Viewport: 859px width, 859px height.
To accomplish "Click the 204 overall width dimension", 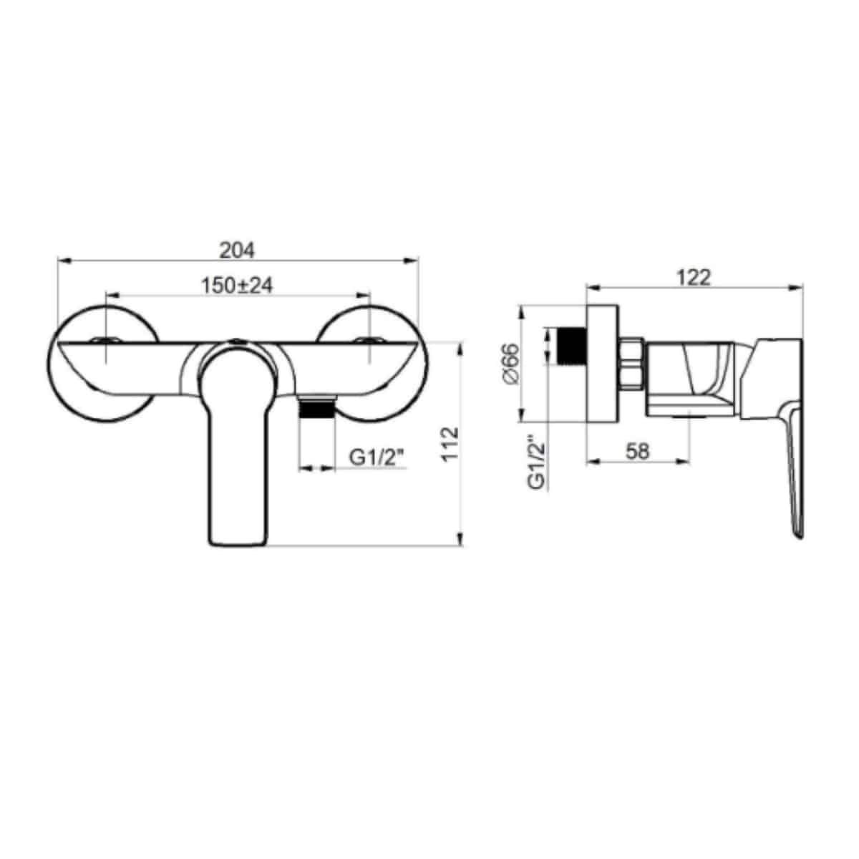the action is click(x=237, y=251).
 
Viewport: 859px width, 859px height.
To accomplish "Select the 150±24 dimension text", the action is click(x=237, y=286).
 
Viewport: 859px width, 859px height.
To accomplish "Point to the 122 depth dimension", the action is click(x=694, y=278).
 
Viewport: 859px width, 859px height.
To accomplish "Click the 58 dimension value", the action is click(x=637, y=452).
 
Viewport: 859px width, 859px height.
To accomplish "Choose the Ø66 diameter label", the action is click(x=511, y=362).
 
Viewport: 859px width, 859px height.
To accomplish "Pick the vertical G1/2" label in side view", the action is click(x=537, y=462).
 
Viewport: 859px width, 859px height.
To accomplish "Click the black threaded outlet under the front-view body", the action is click(x=316, y=408).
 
